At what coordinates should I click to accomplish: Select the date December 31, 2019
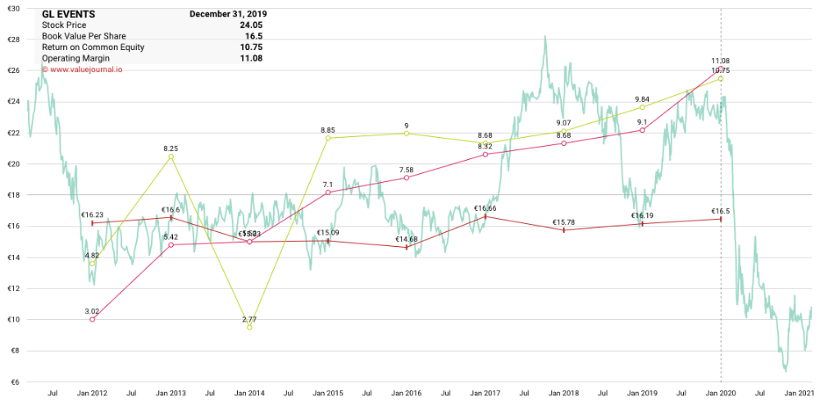[227, 15]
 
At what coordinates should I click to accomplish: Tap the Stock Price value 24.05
[251, 25]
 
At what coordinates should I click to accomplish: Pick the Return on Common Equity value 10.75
[251, 48]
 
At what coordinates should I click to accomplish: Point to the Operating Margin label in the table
[77, 58]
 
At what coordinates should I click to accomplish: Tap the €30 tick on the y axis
[13, 8]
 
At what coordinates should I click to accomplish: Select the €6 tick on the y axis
[15, 382]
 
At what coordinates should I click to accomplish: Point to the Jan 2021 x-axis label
[798, 395]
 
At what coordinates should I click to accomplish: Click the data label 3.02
[92, 311]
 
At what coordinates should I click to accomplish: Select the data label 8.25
[171, 148]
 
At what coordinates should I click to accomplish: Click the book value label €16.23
[92, 214]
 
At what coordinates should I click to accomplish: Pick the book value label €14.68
[407, 239]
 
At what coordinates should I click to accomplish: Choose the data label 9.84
[642, 99]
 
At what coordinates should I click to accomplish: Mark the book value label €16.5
[721, 211]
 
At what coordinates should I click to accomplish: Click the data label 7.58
[407, 170]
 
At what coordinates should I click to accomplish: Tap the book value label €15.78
[564, 221]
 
